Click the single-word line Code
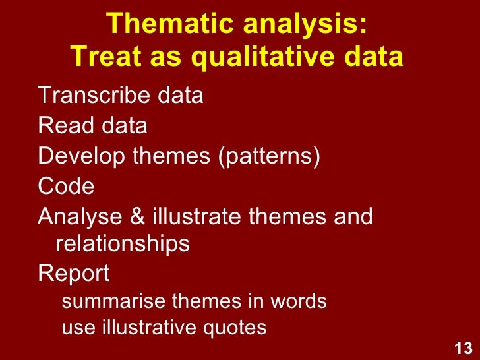(66, 187)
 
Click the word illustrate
(198, 216)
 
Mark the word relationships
(123, 245)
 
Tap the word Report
(74, 274)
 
